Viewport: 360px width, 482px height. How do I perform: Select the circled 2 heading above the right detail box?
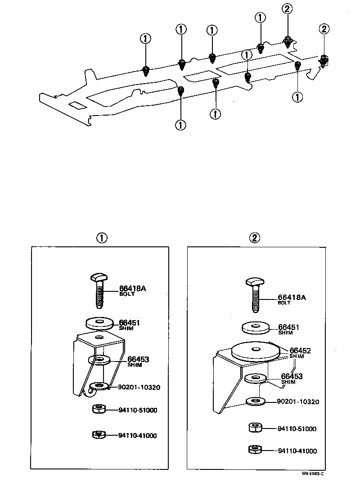256,238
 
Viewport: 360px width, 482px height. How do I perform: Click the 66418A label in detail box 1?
132,289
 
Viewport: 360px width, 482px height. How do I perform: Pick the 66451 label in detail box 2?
288,327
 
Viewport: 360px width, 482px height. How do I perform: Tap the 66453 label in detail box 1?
138,359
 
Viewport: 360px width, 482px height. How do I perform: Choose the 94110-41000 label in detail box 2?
297,451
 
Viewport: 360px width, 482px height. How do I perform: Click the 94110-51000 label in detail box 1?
138,410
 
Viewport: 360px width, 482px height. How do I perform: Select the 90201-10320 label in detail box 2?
297,402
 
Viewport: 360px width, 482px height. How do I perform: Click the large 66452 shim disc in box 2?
255,351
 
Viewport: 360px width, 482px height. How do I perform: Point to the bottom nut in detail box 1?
98,435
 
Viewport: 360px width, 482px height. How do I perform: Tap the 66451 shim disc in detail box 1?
99,323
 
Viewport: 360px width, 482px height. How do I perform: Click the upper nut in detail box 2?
255,427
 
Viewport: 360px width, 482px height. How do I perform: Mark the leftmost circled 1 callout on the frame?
145,39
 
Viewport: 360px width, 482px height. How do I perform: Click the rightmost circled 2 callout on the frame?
324,29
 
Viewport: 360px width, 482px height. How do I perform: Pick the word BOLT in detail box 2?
284,303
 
